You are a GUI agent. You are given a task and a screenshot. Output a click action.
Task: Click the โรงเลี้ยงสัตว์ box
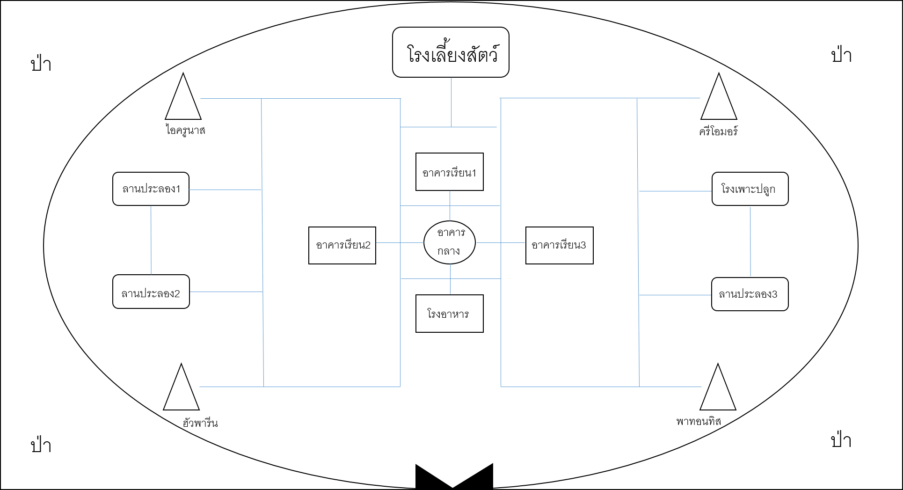click(x=451, y=52)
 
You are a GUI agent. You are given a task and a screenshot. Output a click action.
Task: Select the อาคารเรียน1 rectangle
click(x=450, y=172)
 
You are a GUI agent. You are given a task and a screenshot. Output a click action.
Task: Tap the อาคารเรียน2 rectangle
click(x=342, y=245)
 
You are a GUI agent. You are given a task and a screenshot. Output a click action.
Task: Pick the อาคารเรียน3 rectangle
click(x=560, y=245)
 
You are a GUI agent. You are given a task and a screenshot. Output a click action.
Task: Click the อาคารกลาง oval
click(x=450, y=242)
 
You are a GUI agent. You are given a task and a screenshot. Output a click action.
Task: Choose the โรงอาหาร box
click(x=450, y=314)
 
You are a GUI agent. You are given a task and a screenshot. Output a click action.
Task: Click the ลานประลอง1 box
click(x=151, y=189)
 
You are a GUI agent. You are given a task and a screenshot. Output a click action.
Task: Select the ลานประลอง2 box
click(x=151, y=292)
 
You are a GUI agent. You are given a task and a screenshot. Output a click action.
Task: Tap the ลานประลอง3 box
click(x=750, y=294)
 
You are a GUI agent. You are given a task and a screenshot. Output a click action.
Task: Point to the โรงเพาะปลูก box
click(x=750, y=189)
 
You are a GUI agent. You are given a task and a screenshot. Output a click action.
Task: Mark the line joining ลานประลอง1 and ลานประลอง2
click(x=151, y=240)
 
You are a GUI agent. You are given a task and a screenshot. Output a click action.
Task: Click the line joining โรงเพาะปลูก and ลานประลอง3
click(x=750, y=242)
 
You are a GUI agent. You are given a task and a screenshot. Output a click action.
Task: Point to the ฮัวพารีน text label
click(x=200, y=423)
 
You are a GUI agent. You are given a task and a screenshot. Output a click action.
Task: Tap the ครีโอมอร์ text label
click(x=718, y=132)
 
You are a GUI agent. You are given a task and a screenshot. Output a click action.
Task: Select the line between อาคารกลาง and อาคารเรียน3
click(x=501, y=243)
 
